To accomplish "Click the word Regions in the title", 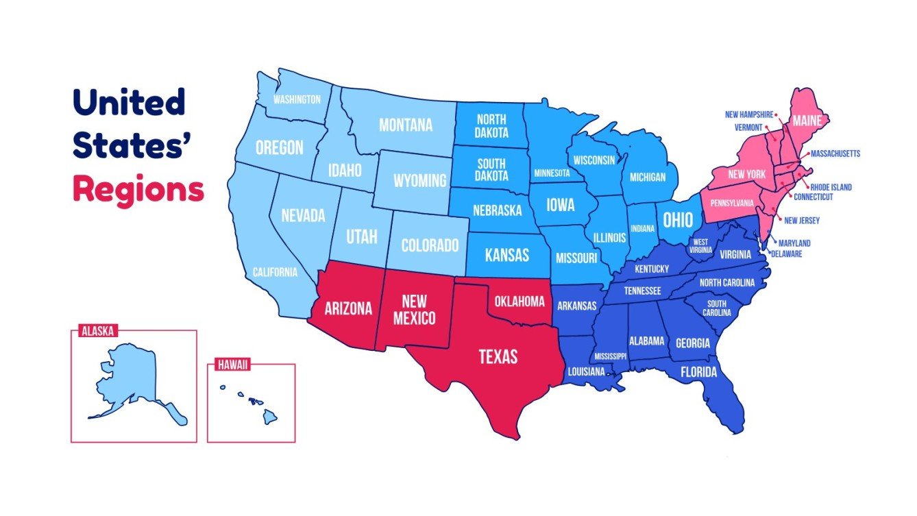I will (x=138, y=189).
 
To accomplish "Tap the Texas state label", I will (x=498, y=356).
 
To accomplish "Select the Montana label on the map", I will (x=406, y=125).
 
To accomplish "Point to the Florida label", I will (x=698, y=373).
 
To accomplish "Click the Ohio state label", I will (x=677, y=219).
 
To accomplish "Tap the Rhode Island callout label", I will (x=831, y=187).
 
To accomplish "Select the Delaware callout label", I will (x=785, y=254).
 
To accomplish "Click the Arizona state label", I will (x=348, y=308).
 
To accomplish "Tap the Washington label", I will (x=297, y=99).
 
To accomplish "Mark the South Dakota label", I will (x=492, y=170).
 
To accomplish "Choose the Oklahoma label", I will (x=519, y=302).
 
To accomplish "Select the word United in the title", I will (x=130, y=103).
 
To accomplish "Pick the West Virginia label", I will (x=700, y=246).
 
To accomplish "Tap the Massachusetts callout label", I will (x=835, y=154).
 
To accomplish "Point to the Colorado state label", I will (x=430, y=245).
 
